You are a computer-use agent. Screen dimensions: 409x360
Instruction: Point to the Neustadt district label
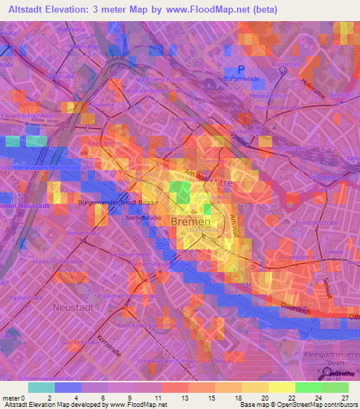75,307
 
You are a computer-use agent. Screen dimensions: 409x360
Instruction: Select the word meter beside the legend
11,398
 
